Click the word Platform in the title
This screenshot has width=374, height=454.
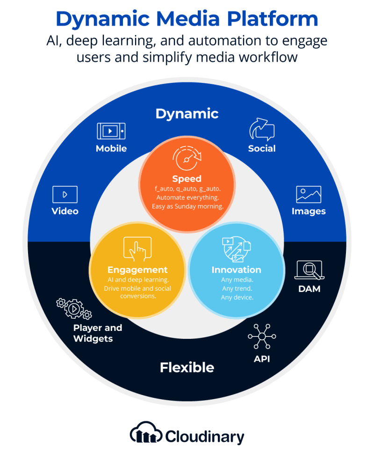(273, 19)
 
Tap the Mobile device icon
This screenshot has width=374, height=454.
(111, 131)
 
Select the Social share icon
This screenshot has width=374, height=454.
(262, 129)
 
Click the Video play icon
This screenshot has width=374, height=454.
(65, 194)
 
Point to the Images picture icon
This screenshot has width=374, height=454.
(309, 194)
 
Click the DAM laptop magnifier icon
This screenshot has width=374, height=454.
(309, 270)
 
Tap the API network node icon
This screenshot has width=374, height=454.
(262, 337)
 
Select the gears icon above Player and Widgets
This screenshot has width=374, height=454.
(74, 308)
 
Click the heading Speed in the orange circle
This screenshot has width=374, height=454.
(187, 179)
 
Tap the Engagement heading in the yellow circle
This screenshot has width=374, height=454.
(137, 270)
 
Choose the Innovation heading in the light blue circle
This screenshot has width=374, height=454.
(236, 270)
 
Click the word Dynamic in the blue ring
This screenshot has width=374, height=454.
(187, 114)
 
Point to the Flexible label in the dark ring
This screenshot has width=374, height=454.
(187, 368)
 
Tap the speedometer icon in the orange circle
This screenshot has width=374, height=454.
(187, 158)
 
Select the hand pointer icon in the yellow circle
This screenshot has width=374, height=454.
(137, 249)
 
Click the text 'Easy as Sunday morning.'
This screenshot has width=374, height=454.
(188, 206)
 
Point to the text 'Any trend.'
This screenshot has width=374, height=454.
(237, 288)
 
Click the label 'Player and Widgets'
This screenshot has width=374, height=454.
(98, 333)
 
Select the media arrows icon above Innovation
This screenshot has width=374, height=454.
(236, 249)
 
